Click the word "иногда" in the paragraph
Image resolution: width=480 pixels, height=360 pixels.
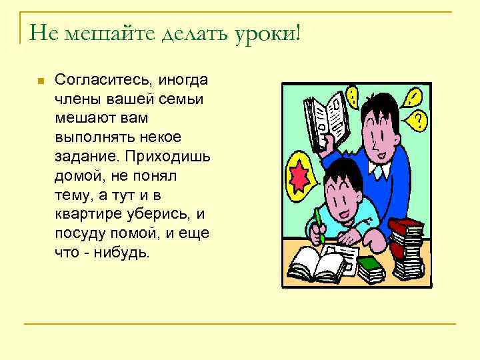click(x=183, y=81)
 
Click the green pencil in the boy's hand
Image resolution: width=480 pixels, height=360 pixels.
click(x=319, y=225)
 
